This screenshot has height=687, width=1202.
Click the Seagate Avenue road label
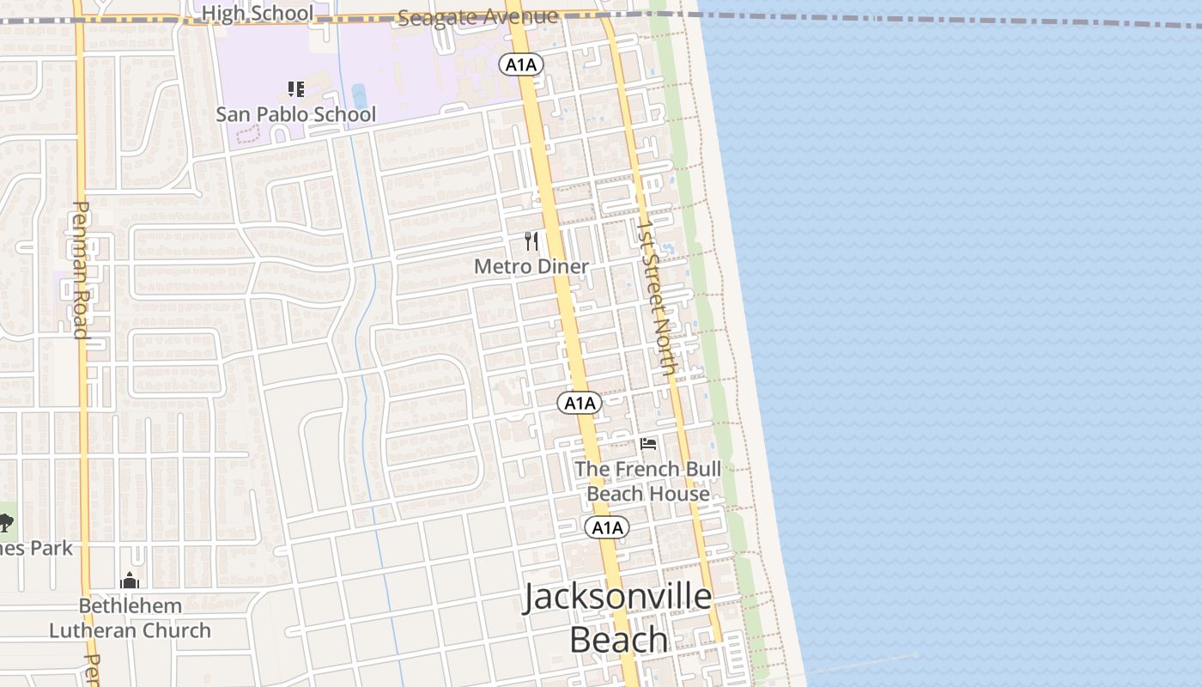pos(478,16)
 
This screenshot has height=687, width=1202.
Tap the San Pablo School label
pos(295,114)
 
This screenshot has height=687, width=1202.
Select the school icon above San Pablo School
pos(296,88)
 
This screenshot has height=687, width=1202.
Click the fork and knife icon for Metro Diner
pos(531,241)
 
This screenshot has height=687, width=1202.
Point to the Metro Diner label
pos(531,266)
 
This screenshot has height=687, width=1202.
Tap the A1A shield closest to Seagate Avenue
pos(522,64)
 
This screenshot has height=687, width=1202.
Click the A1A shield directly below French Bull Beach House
pos(607,527)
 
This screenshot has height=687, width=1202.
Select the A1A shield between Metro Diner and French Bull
pos(580,403)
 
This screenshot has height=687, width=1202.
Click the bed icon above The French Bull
pos(648,444)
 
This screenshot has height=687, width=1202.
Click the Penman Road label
pos(82,270)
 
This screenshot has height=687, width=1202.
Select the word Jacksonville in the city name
pos(617,597)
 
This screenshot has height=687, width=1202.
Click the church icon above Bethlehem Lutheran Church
pos(130,581)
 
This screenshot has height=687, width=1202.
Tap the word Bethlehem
pos(131,606)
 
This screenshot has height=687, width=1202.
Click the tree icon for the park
pos(6,521)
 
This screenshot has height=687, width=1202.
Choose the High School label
pos(258,14)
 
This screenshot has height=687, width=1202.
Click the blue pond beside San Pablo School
pos(360,95)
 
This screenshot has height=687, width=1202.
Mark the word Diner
pos(563,266)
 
